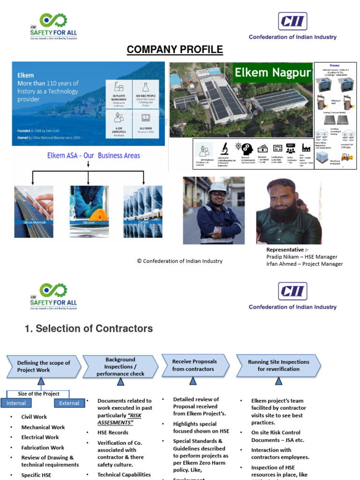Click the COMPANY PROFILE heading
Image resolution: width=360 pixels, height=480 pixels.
tap(174, 50)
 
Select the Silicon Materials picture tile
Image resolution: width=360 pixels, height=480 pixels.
tap(34, 211)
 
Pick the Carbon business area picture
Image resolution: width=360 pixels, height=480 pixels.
tap(143, 211)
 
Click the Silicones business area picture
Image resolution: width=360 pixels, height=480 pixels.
tap(89, 211)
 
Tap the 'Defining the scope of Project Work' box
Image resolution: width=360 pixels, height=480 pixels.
tap(43, 366)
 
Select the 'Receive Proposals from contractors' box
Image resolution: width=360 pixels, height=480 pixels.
tap(194, 365)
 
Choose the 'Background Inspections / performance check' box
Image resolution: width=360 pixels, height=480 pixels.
tap(120, 367)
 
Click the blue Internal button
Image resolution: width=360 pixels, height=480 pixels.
tap(16, 403)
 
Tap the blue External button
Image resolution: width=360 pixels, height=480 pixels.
tap(69, 403)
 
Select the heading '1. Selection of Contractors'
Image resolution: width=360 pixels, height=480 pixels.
tap(89, 329)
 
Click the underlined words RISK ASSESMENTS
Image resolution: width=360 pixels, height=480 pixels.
tap(119, 419)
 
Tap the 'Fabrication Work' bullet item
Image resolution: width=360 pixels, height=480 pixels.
tap(43, 448)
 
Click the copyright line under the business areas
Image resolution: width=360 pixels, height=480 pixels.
tap(180, 261)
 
